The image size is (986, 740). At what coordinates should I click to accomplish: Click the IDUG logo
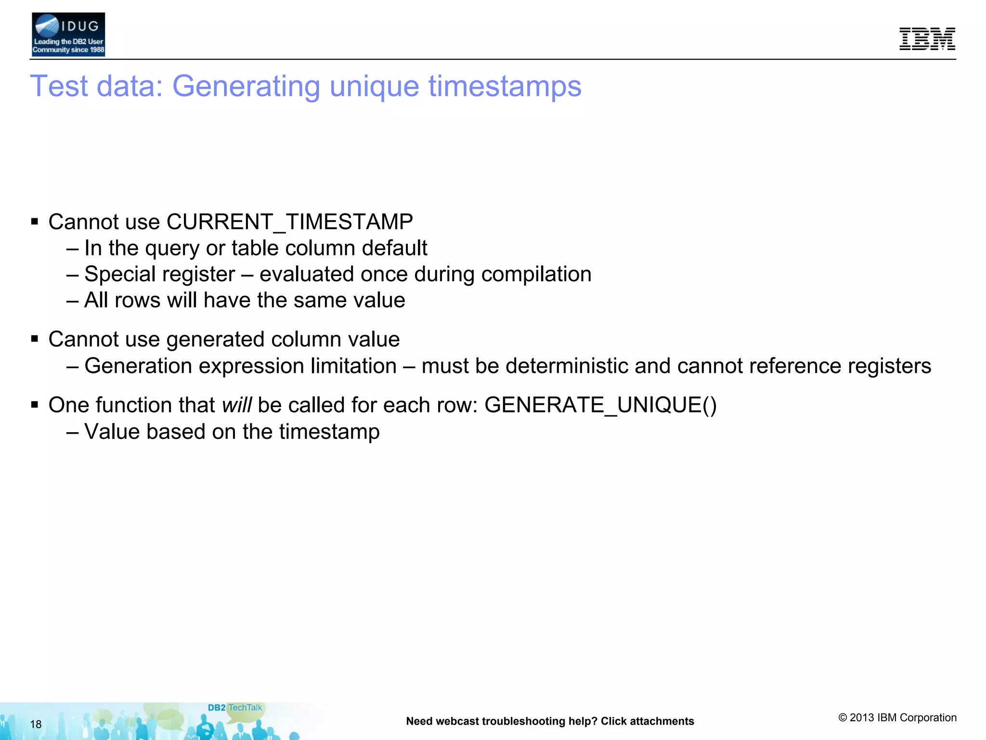point(68,35)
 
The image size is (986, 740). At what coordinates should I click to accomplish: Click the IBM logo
point(927,39)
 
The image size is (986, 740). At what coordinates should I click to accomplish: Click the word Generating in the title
point(246,86)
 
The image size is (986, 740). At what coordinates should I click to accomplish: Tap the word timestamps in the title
point(505,86)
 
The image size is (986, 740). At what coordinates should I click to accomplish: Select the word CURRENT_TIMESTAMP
point(289,222)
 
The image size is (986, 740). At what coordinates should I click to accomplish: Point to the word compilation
point(536,274)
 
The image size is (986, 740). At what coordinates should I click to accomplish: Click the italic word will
point(236,405)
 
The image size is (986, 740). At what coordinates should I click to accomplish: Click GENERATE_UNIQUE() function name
point(600,405)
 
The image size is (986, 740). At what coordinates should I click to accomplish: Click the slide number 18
point(36,724)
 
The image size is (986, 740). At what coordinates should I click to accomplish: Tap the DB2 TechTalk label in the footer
point(235,708)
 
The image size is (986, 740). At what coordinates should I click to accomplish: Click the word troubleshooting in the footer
point(518,721)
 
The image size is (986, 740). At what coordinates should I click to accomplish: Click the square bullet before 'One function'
point(34,405)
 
